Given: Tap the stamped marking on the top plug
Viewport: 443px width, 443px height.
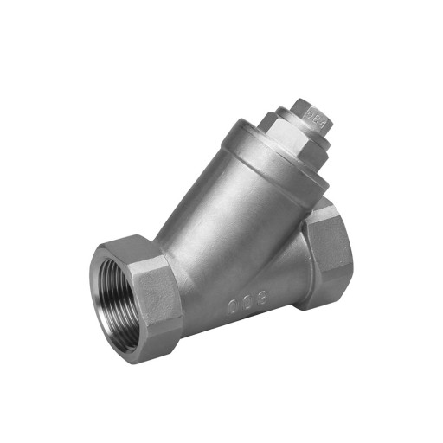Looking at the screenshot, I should click(x=314, y=113).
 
